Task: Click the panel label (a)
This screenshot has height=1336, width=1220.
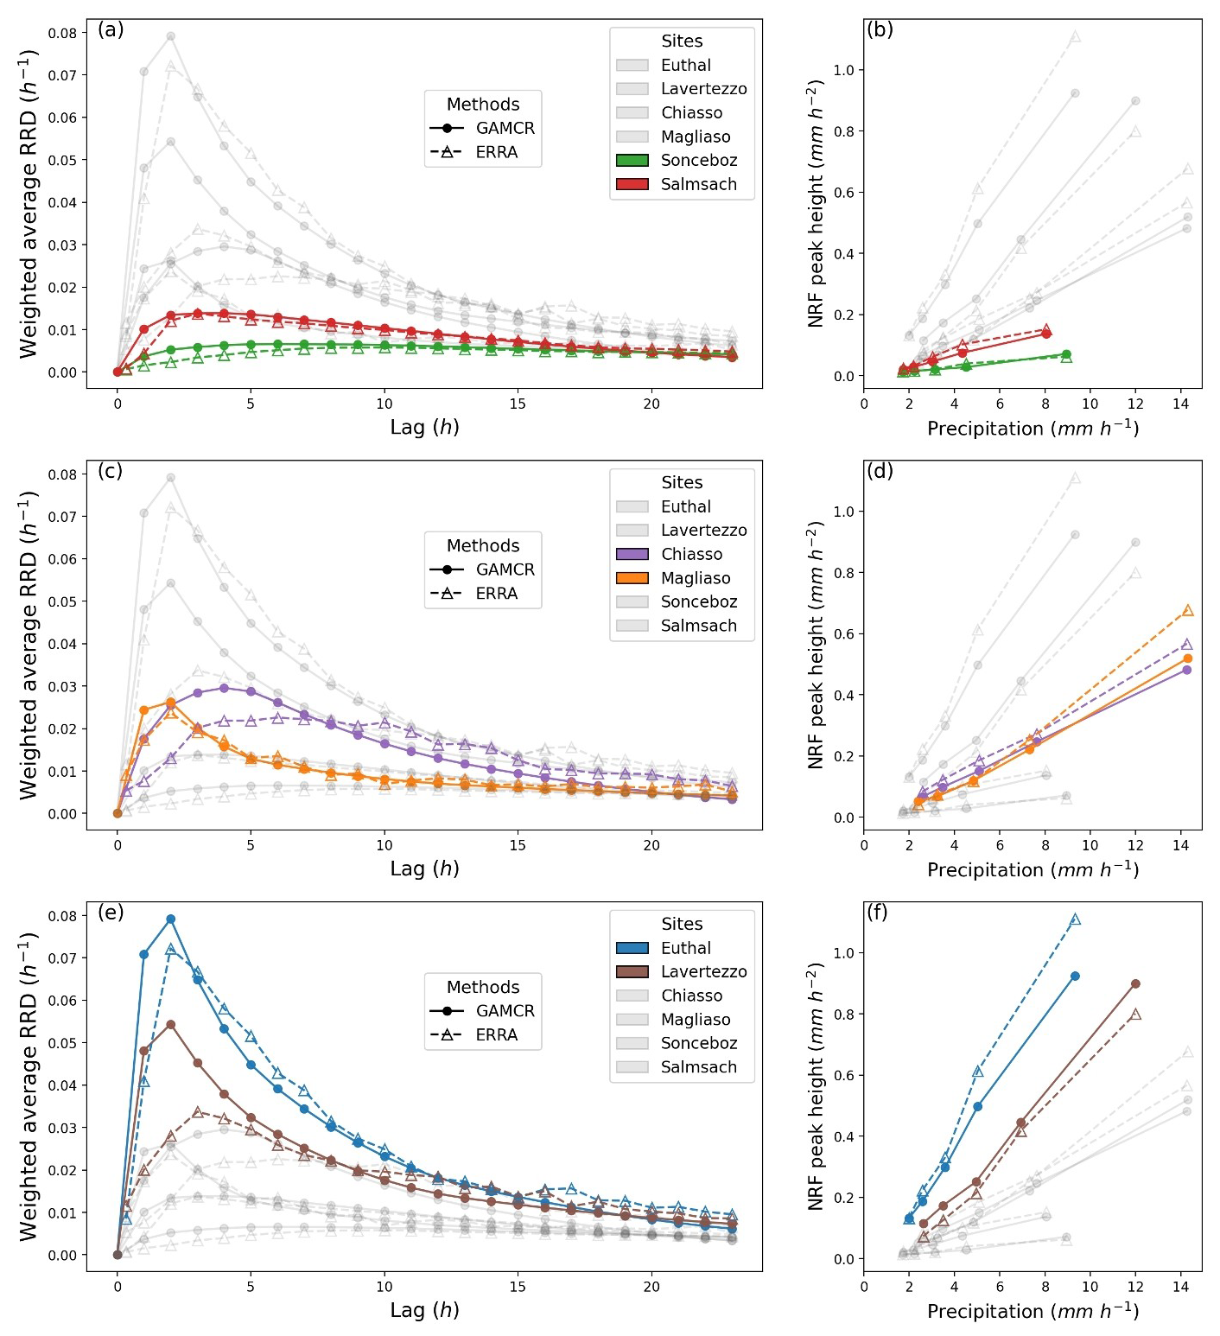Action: click(111, 30)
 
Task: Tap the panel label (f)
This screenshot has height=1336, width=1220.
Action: click(877, 913)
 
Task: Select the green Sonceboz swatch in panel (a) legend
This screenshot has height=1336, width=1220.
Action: click(632, 161)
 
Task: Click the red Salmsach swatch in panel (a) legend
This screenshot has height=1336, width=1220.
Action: click(632, 184)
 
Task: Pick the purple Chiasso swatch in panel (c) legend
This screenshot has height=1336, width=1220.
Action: click(632, 554)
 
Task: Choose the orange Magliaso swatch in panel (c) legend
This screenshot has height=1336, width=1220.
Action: click(632, 578)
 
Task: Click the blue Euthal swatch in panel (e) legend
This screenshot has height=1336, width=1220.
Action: click(632, 948)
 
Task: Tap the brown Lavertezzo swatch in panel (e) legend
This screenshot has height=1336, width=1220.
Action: click(632, 971)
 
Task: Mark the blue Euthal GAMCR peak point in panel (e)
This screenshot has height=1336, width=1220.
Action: click(171, 919)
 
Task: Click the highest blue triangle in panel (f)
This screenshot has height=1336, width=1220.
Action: click(1075, 920)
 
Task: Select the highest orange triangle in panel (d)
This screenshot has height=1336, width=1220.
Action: click(1187, 611)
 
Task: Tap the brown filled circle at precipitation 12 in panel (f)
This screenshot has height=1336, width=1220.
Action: click(1135, 984)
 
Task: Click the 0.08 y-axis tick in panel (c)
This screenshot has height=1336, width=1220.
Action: click(62, 474)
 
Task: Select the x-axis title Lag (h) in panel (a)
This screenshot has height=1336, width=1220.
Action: click(424, 427)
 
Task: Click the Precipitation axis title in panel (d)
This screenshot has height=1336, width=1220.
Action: click(1033, 869)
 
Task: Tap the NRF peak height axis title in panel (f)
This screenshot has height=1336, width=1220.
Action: click(815, 1086)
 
